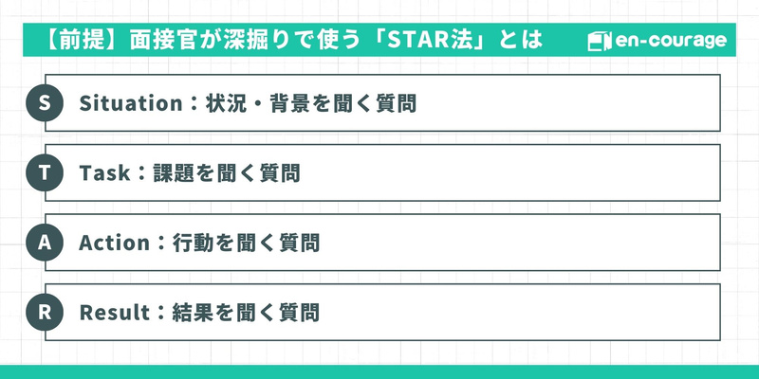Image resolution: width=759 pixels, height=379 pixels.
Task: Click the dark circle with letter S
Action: pos(44,103)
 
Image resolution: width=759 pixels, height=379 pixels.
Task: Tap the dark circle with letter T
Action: pos(44,172)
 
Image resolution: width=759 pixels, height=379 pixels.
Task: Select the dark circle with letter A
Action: pos(44,242)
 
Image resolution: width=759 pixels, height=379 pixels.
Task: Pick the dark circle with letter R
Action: pos(44,311)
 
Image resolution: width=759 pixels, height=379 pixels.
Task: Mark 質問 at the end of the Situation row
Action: pos(396,103)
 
